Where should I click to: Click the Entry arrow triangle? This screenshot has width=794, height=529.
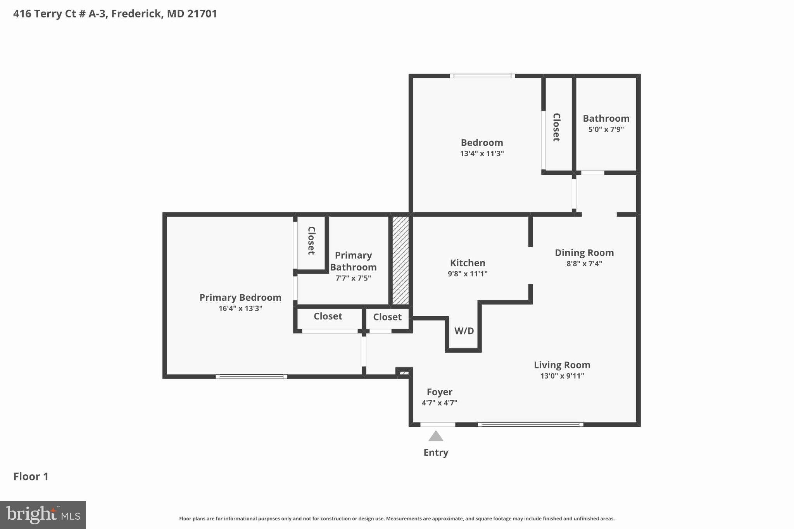[435, 437]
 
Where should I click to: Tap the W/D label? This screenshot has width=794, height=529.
[464, 331]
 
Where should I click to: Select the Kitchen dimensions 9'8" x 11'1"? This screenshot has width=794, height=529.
[467, 274]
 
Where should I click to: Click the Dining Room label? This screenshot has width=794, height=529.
[584, 253]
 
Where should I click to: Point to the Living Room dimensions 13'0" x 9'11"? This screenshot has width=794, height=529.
[562, 376]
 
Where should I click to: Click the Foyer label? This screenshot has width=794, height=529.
[439, 392]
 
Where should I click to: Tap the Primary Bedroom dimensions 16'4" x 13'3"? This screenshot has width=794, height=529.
[240, 308]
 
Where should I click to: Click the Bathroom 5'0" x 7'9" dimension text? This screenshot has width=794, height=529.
[606, 129]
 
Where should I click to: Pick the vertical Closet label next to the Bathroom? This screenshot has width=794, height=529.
[556, 127]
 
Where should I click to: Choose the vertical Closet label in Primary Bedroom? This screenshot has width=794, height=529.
[311, 241]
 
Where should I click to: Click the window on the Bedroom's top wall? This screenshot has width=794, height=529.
[482, 76]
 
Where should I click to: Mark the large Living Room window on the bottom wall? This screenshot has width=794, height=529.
[530, 425]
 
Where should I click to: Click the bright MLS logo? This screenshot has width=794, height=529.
[43, 515]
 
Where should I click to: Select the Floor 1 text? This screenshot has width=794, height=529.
[31, 476]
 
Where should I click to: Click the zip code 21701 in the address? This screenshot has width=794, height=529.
[202, 14]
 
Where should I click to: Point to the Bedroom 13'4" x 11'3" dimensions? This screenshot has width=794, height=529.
[482, 153]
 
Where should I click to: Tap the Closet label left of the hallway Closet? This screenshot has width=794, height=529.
[328, 316]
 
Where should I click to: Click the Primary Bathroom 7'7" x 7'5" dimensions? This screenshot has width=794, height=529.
[353, 278]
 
